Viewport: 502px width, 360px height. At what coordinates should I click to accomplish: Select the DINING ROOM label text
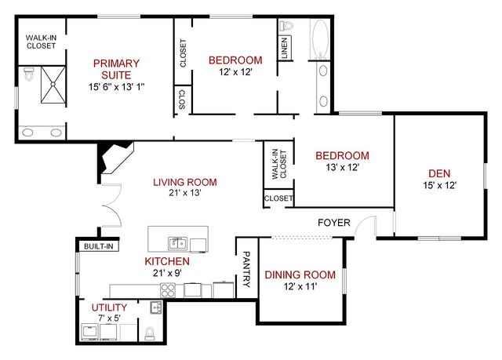point(300,275)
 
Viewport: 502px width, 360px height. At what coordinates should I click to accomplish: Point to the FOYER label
point(333,223)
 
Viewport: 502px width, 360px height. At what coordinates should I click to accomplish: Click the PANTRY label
point(246,268)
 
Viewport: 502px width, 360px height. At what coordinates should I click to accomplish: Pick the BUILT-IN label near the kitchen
point(99,246)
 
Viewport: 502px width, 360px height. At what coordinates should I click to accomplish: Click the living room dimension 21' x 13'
point(184,193)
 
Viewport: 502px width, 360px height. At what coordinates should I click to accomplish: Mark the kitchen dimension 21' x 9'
point(166,273)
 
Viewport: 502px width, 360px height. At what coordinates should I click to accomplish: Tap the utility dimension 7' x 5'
point(109,318)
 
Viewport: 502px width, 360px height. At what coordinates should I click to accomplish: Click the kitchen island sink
point(178,242)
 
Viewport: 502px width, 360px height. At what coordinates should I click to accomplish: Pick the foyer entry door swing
point(364,227)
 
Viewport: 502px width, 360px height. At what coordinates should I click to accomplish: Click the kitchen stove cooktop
point(167,290)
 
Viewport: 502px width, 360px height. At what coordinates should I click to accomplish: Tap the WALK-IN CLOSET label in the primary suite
point(41,41)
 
